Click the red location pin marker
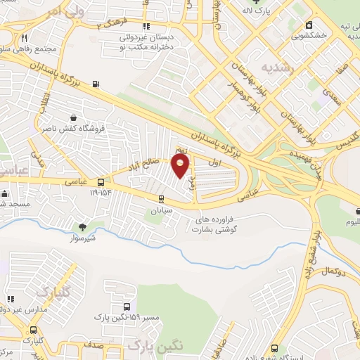click(181, 167)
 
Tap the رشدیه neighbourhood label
click(257, 67)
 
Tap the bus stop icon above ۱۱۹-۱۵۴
click(100, 181)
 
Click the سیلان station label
click(162, 210)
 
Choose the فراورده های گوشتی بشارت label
click(218, 224)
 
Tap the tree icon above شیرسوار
click(83, 226)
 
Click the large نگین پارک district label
click(155, 345)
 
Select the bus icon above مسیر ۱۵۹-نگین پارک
click(126, 307)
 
